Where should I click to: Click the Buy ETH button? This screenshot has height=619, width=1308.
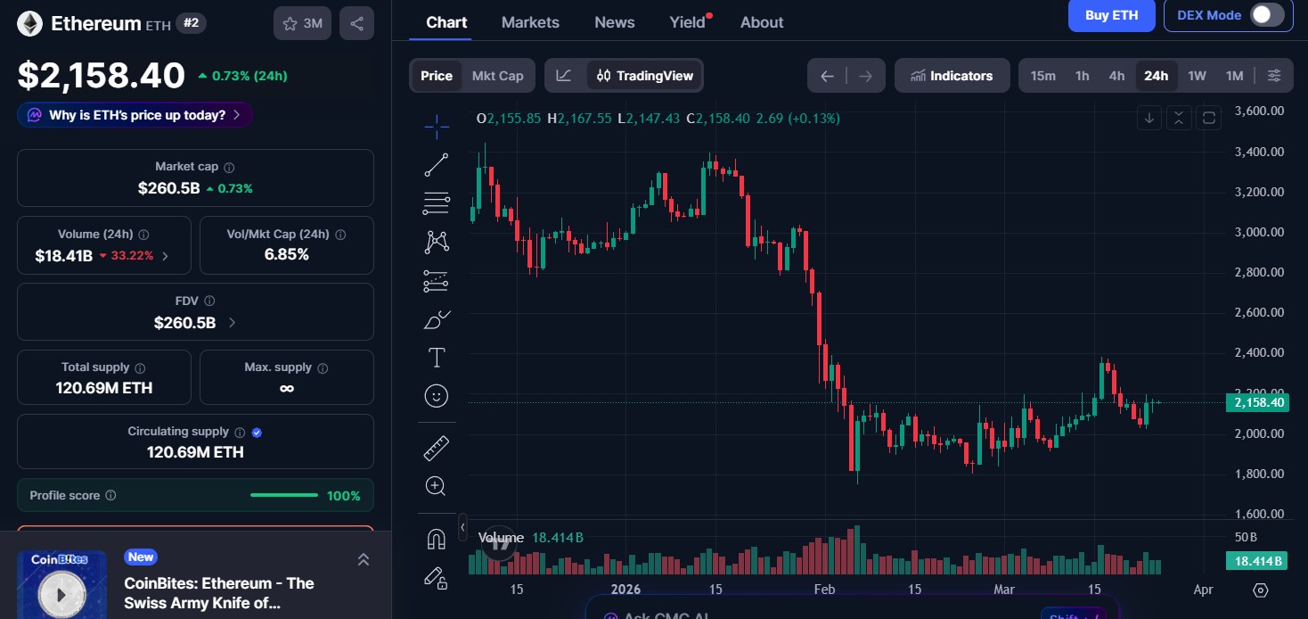pos(1111,15)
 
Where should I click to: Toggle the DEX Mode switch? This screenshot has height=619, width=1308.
pos(1267,15)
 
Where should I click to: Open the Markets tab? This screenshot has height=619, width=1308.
pos(530,22)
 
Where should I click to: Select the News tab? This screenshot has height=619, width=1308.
pos(614,22)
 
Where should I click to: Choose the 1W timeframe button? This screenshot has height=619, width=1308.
pos(1197,76)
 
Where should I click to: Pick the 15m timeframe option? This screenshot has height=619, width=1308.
pos(1042,76)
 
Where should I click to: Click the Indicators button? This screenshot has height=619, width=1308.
pos(952,76)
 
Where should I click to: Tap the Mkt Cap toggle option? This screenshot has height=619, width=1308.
pos(497,76)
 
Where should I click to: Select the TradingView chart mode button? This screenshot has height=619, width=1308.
pos(645,76)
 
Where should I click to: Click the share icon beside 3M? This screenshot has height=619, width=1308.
pos(356,24)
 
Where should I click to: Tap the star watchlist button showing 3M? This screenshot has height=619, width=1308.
pos(302,24)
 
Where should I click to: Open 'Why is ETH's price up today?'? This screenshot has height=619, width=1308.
pos(135,115)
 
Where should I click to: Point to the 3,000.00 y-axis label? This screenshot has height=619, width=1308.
pos(1259,232)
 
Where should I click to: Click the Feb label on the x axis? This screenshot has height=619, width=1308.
pos(824,590)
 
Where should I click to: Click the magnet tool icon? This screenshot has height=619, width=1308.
pos(436,539)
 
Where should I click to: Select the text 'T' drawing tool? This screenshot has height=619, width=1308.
pos(437,359)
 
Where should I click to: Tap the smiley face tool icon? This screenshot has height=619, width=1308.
pos(437,396)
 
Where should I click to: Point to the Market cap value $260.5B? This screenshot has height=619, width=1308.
pos(168,188)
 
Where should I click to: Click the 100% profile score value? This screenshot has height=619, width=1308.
pos(343,496)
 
